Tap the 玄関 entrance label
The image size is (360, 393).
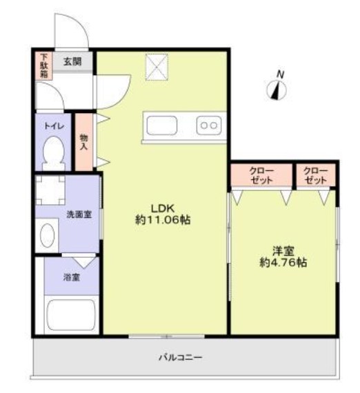(72, 61)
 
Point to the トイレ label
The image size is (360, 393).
(54, 126)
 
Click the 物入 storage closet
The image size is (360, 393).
(84, 142)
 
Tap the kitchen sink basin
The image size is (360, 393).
(162, 126)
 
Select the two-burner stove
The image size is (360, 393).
(209, 125)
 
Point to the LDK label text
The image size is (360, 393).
(163, 208)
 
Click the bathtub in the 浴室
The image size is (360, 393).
(70, 316)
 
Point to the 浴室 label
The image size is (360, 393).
(72, 277)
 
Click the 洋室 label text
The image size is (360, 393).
(283, 250)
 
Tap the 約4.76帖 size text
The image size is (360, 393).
(283, 263)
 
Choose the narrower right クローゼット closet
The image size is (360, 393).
(315, 175)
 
